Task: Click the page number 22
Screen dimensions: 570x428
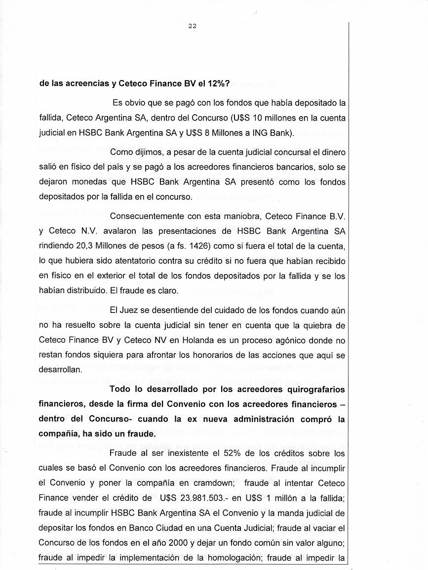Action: (x=193, y=26)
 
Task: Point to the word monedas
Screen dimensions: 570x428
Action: (x=90, y=181)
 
